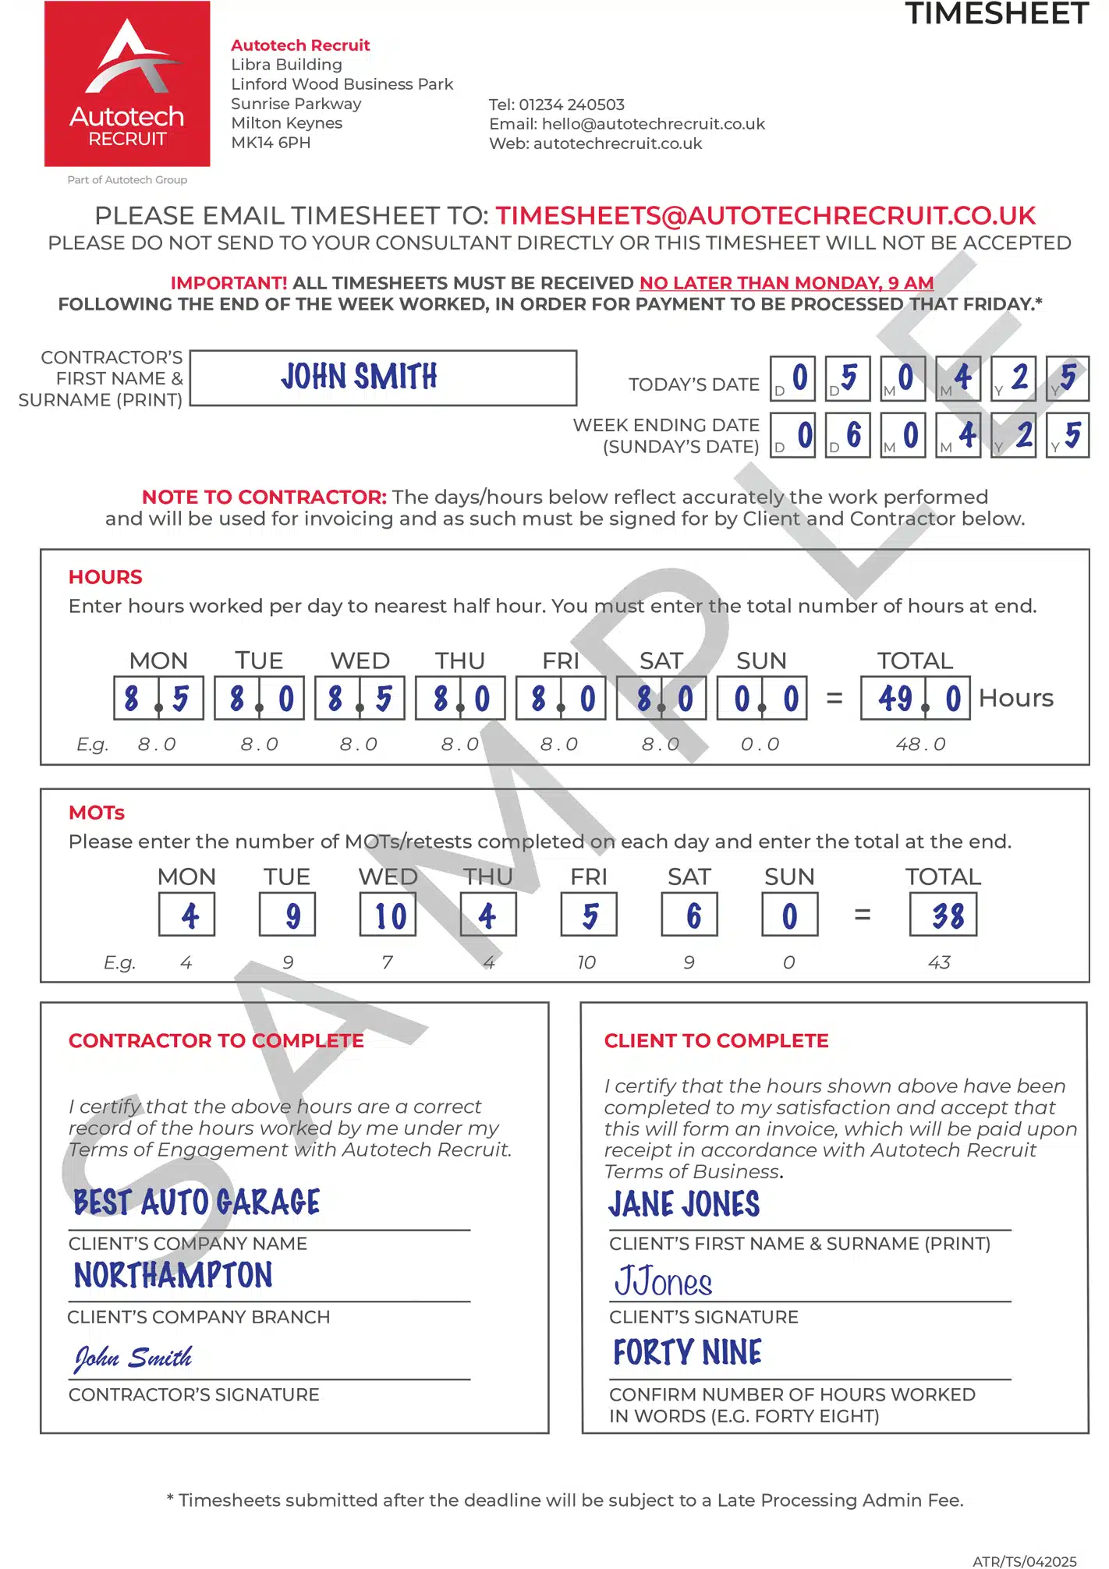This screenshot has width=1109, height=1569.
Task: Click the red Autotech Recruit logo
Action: pos(127,84)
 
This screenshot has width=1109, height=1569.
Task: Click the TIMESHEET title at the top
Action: pos(996,14)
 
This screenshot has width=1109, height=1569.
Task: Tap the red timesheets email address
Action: pos(765,215)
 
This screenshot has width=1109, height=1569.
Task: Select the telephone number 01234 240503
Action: pos(572,104)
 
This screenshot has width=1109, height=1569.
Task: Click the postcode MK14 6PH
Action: pos(271,143)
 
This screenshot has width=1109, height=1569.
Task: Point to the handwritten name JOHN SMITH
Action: pos(359,377)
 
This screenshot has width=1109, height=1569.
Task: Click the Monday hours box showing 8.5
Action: pos(158,698)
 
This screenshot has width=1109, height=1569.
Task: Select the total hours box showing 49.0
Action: pos(915,698)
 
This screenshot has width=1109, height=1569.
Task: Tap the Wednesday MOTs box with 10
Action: pos(388,915)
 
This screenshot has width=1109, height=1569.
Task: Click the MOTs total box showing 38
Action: pos(943,915)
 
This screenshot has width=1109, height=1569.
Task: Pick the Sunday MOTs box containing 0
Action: pos(789,915)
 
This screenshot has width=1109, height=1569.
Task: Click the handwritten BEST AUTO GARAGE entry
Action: pos(197,1202)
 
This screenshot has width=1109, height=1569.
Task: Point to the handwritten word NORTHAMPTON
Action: pos(173,1276)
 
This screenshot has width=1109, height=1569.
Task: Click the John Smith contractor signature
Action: pos(133,1358)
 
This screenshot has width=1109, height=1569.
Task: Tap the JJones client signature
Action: pos(664,1282)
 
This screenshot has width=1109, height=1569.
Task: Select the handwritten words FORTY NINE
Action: pos(687,1352)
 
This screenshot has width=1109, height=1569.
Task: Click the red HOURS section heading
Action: pos(105,577)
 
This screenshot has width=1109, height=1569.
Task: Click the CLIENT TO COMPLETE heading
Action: pos(716,1040)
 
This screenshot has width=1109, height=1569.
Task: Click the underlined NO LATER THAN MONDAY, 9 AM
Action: pos(786,283)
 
